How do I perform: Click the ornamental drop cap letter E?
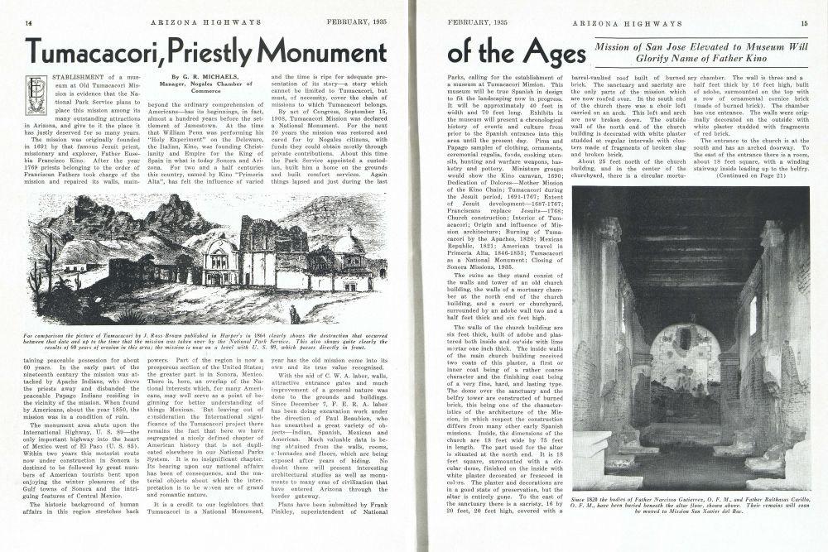coord(35,94)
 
